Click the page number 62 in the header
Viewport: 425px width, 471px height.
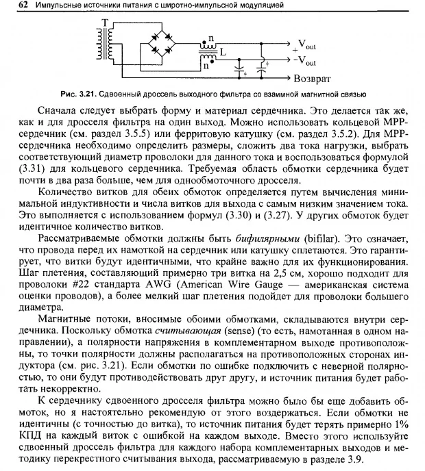tap(12, 5)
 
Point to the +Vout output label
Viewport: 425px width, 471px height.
tap(304, 45)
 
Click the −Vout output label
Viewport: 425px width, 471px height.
tap(304, 60)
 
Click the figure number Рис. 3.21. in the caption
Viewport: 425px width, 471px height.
tap(115, 94)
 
